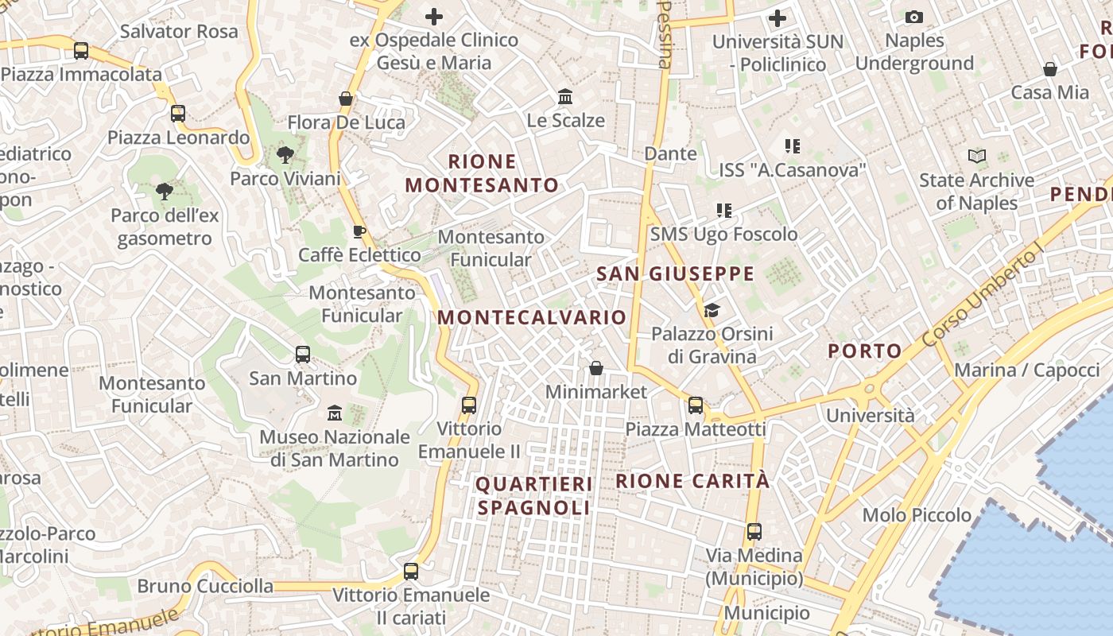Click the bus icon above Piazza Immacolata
click(80, 51)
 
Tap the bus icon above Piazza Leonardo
click(178, 114)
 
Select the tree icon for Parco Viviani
click(285, 155)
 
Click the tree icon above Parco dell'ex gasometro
click(165, 192)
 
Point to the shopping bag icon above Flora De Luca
click(346, 99)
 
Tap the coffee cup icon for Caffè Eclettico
click(359, 231)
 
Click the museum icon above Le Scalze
click(565, 97)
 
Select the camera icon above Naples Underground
click(914, 17)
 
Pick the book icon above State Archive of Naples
click(977, 157)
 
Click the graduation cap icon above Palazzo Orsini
click(712, 310)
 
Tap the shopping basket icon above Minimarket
click(596, 368)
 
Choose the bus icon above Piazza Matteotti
click(696, 405)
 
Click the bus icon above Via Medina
click(754, 531)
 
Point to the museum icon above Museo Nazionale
click(335, 413)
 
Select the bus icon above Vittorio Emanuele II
click(469, 405)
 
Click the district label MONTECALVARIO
click(532, 317)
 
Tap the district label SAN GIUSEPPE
click(675, 274)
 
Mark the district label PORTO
click(865, 351)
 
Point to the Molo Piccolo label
click(917, 515)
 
